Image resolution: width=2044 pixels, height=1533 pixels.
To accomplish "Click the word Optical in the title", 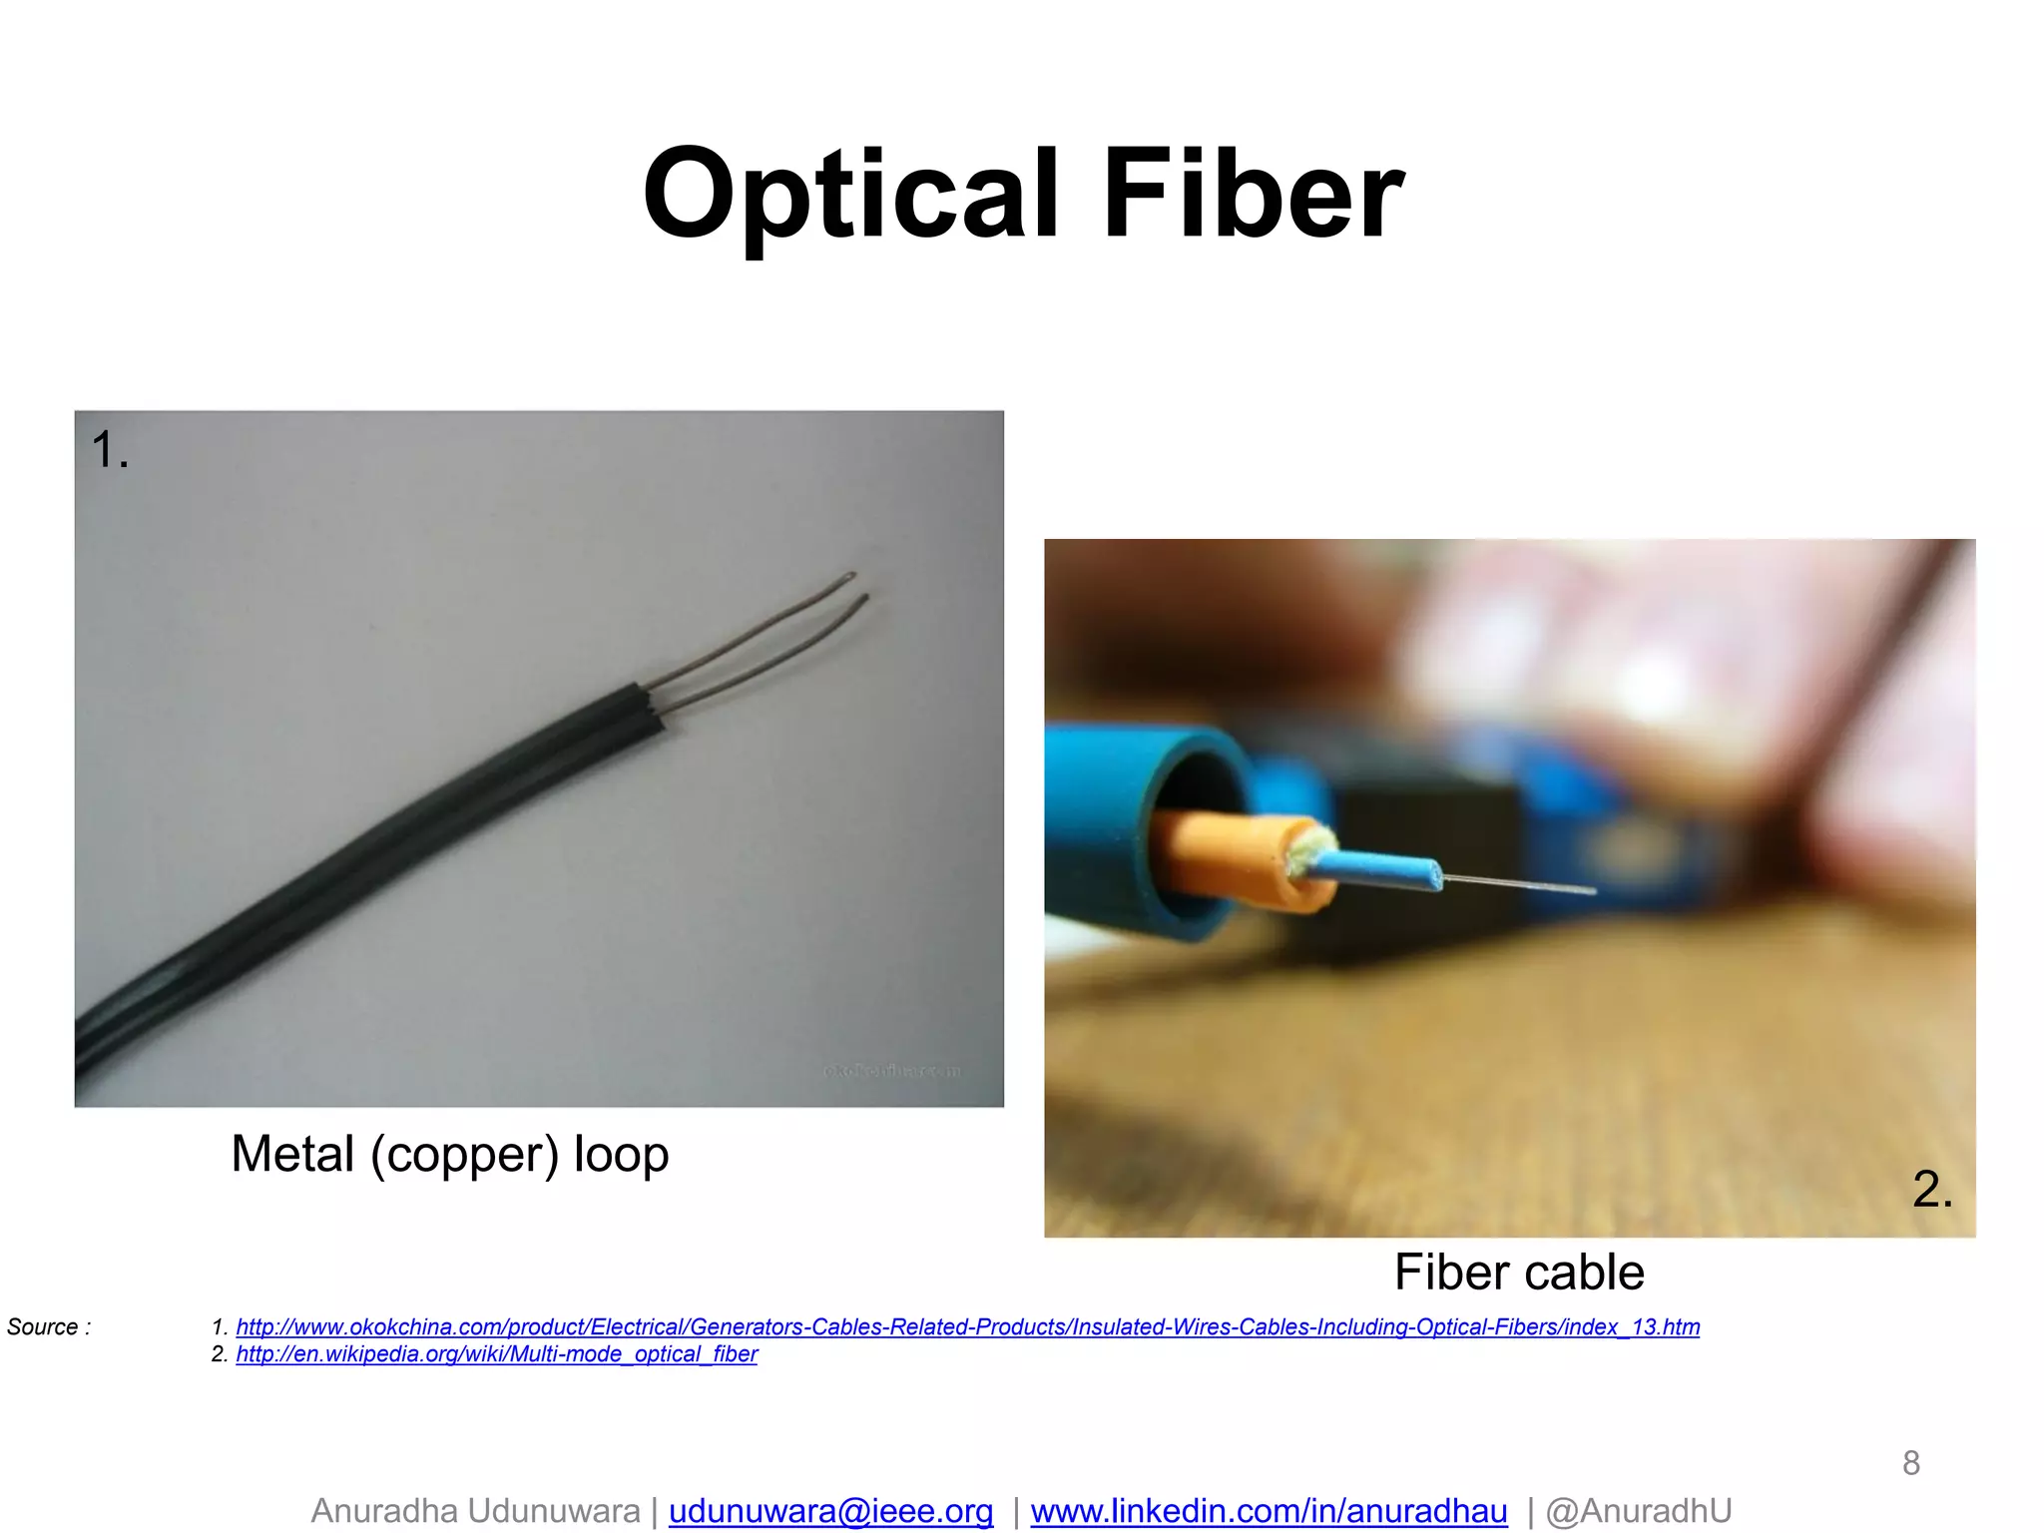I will coord(849,194).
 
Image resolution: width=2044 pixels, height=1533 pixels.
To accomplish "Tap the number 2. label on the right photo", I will coord(1932,1189).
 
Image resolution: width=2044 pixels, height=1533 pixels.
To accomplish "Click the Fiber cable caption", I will coord(1518,1273).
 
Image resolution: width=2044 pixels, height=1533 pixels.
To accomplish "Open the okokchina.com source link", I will coord(967,1327).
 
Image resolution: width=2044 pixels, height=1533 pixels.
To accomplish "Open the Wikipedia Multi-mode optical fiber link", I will coord(496,1354).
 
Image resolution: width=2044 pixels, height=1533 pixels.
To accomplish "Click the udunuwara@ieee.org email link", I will coord(830,1511).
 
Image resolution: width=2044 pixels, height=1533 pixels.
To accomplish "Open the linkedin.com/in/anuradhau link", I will coord(1269,1511).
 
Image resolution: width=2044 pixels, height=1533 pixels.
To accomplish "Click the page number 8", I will coord(1910,1463).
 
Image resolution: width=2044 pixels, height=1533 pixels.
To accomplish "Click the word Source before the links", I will coord(43,1327).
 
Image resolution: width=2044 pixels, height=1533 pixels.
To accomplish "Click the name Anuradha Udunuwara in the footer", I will coord(475,1511).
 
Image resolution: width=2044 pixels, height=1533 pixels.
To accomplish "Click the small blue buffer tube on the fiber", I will coord(1377,868).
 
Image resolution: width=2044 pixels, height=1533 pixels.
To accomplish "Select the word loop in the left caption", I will coord(621,1155).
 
